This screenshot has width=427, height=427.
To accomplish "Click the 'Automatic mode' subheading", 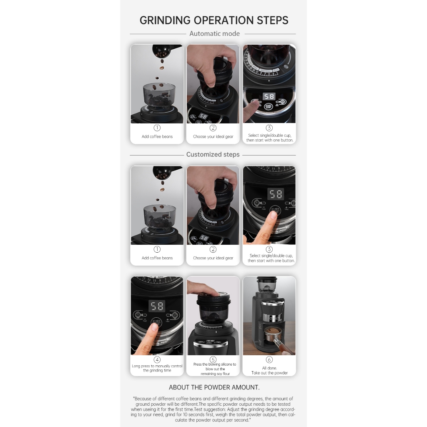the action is [215, 33].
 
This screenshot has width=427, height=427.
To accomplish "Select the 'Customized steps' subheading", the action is [213, 154].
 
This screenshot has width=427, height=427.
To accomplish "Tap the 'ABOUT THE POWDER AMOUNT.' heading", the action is [214, 387].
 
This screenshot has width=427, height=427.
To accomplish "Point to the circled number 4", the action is [157, 359].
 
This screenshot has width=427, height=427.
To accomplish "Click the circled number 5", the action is [213, 359].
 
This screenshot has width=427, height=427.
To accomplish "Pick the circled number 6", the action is [269, 359].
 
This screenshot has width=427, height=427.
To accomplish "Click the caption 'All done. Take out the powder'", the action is [269, 370].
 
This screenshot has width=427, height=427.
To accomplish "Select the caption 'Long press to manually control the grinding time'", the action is [157, 368].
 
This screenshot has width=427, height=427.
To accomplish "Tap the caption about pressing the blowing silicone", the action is [215, 369].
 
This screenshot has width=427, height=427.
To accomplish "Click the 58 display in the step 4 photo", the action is [157, 306].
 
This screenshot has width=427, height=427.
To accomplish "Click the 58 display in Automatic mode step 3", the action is [269, 96].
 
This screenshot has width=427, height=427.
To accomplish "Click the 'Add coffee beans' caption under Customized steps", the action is [157, 258].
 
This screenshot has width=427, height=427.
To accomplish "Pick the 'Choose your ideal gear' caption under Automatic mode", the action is [213, 136].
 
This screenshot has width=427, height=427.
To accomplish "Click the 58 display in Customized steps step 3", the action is [276, 194].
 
